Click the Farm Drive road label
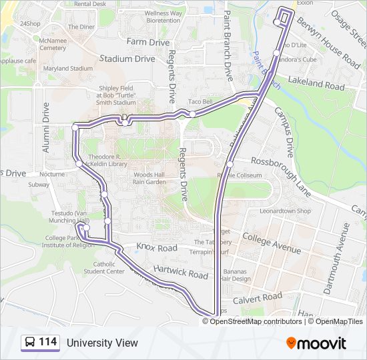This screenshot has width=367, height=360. (148, 42)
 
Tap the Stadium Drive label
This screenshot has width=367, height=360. (127, 59)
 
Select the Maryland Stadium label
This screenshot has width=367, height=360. (68, 69)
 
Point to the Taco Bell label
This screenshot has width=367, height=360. (200, 101)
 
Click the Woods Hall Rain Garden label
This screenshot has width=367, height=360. (148, 177)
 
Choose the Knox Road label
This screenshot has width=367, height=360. (157, 247)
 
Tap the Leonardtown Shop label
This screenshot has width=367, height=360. (286, 211)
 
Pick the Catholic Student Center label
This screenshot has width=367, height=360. (104, 267)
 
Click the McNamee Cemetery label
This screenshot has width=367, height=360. (53, 44)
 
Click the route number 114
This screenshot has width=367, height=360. (47, 343)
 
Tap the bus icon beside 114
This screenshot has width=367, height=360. (30, 343)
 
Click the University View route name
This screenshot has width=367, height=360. (102, 343)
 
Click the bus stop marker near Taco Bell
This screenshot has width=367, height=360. (192, 114)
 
